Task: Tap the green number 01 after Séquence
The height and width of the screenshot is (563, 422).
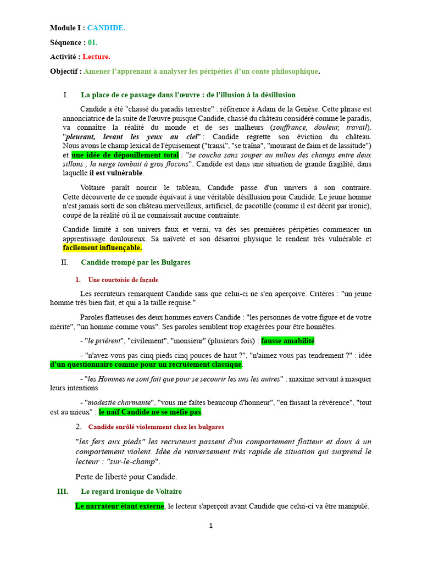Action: [92, 42]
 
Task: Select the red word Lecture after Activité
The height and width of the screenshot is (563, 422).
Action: [96, 57]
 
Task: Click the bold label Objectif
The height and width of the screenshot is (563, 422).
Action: [65, 71]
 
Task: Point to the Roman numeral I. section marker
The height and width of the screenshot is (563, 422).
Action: [66, 95]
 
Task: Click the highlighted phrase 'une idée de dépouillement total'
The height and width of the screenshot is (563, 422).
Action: [125, 155]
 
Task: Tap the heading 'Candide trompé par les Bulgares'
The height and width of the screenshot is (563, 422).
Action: [135, 262]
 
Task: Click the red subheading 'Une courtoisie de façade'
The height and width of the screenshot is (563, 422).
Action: [123, 280]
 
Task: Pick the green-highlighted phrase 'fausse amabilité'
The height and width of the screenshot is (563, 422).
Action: [287, 341]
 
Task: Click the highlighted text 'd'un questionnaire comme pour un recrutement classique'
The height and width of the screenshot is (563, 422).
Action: [146, 365]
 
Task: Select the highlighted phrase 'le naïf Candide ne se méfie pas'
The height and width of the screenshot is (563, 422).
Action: [150, 412]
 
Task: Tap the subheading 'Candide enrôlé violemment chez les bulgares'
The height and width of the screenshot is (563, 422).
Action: [156, 427]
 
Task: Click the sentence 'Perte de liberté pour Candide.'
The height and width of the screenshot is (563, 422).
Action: [126, 477]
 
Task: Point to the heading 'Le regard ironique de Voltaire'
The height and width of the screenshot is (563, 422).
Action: [131, 492]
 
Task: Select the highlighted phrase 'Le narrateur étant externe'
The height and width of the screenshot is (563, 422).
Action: [119, 506]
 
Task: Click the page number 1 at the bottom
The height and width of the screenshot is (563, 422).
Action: [210, 526]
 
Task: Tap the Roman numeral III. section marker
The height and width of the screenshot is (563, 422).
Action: [63, 492]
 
